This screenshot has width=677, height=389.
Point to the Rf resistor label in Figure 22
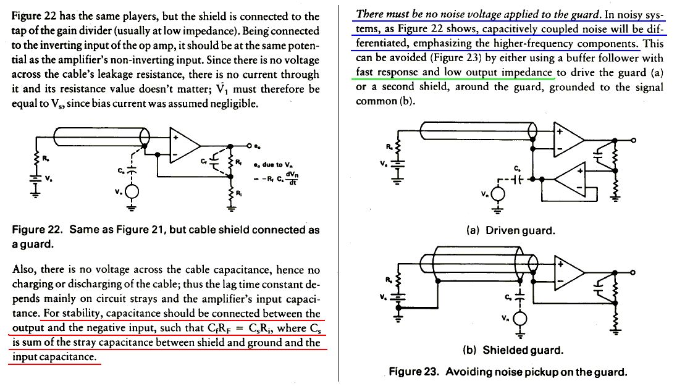tap(240, 162)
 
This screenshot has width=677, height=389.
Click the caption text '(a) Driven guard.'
tap(510, 231)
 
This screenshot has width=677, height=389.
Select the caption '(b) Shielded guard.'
tap(513, 351)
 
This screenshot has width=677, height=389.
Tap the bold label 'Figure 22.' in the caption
tap(38, 230)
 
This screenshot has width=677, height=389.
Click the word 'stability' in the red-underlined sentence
tap(75, 313)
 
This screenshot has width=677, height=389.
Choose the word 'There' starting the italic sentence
tap(371, 14)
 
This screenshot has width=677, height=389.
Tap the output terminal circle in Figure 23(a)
tap(633, 141)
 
